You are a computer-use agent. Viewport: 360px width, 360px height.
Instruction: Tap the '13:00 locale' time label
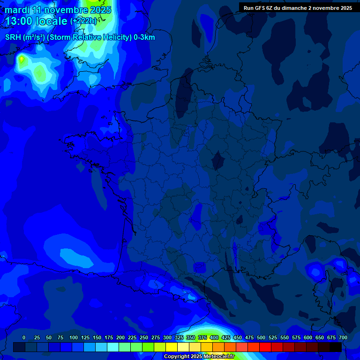(x=37, y=21)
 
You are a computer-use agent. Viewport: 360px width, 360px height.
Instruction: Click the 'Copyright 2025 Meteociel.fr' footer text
(x=199, y=356)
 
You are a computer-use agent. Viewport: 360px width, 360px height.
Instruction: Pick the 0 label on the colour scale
(x=24, y=337)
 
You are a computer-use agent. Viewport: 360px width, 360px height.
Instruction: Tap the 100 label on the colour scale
(x=74, y=337)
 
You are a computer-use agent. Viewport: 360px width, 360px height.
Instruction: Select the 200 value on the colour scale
(x=120, y=337)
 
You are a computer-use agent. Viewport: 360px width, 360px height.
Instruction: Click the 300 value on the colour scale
(x=167, y=337)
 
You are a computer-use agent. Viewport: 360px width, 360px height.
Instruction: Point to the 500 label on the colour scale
(x=261, y=337)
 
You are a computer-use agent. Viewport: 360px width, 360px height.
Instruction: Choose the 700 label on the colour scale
(x=343, y=337)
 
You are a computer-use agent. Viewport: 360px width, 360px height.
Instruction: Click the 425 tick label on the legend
(x=226, y=337)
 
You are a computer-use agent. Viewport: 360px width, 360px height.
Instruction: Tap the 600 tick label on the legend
(x=308, y=337)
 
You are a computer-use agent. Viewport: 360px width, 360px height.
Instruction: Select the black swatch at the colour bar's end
(x=336, y=347)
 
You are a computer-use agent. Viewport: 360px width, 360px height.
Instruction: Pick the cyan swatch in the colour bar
(x=113, y=347)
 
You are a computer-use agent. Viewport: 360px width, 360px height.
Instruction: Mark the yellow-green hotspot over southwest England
(x=22, y=59)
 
